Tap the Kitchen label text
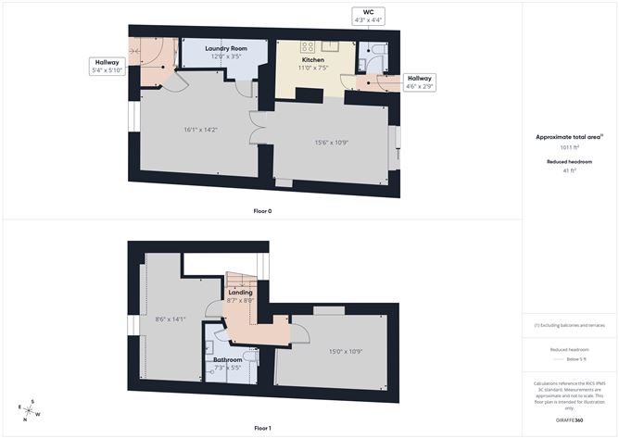click(x=311, y=58)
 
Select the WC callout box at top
click(x=369, y=17)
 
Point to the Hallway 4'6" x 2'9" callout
click(x=420, y=82)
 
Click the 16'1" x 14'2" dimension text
click(x=199, y=130)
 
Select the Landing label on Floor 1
click(x=240, y=294)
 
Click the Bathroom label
click(x=227, y=359)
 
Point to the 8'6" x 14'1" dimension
click(x=171, y=319)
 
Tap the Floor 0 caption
click(x=262, y=211)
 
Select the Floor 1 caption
click(x=262, y=428)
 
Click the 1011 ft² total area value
click(x=569, y=146)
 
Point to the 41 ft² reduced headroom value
click(x=569, y=170)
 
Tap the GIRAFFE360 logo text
click(x=569, y=420)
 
